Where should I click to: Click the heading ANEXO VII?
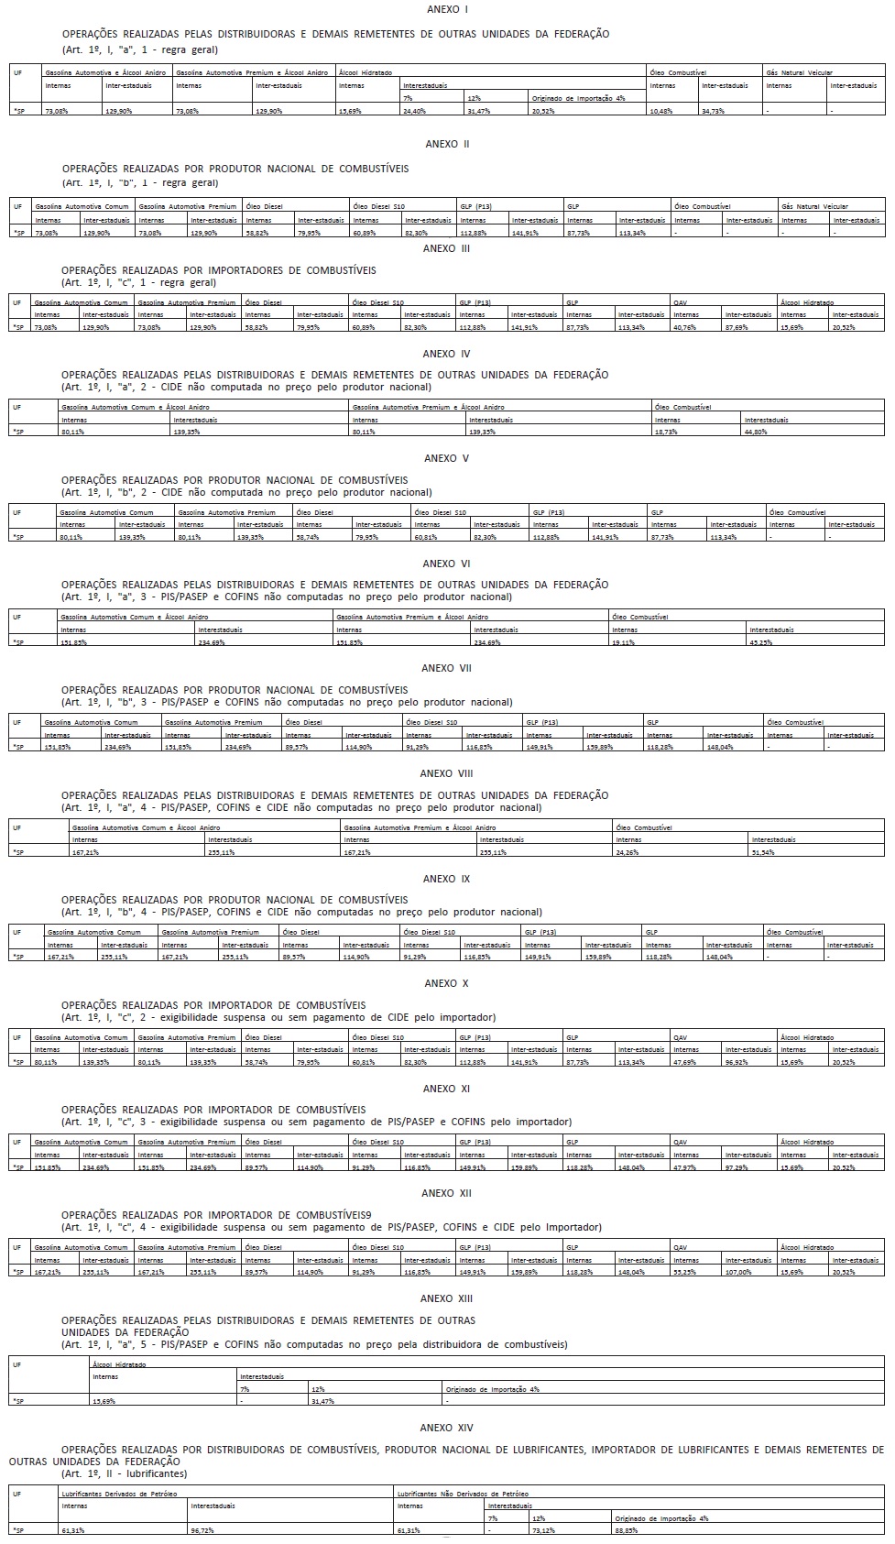tap(447, 668)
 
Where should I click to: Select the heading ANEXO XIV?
tap(447, 1428)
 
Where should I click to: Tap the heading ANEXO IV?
tap(447, 354)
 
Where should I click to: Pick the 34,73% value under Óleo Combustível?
tap(713, 111)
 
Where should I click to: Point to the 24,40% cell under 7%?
tap(415, 111)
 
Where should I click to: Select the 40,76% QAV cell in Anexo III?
tap(686, 327)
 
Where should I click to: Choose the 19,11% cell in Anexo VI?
tap(624, 642)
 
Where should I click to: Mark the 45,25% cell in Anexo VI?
tap(761, 642)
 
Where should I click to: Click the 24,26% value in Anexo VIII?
tap(628, 852)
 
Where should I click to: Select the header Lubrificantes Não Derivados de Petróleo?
tap(464, 1494)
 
